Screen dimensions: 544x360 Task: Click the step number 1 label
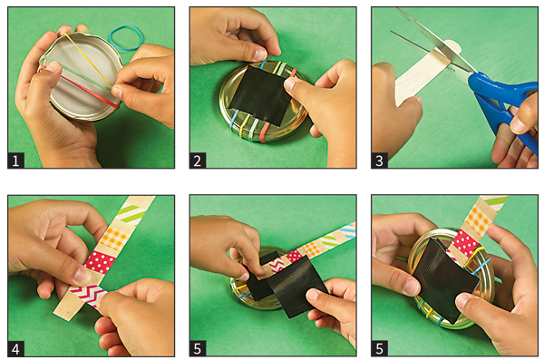pos(15,161)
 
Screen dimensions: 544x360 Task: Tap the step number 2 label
pos(198,161)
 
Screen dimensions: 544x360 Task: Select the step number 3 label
pos(379,161)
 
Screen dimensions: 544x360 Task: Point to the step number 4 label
pos(15,348)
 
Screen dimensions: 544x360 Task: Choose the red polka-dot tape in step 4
pos(100,262)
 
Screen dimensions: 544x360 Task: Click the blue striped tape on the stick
pos(347,230)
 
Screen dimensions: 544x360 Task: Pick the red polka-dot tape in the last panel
pos(466,242)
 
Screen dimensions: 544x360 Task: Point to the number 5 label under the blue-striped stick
pos(198,348)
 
